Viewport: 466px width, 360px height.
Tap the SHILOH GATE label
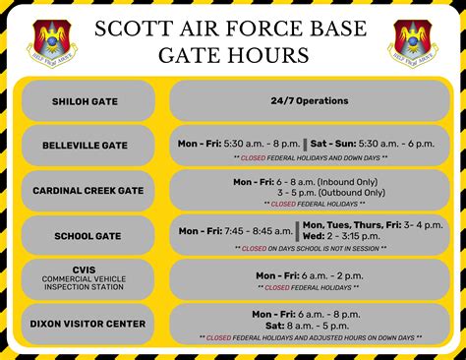(86, 100)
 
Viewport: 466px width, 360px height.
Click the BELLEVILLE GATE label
(86, 146)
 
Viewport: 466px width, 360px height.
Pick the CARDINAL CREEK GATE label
(86, 190)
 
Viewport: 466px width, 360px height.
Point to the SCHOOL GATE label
(86, 235)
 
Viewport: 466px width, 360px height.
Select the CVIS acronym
(86, 268)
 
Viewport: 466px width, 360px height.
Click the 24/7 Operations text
(310, 100)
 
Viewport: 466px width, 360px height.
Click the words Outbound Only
(347, 193)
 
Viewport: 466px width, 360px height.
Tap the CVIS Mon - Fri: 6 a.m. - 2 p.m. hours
(310, 275)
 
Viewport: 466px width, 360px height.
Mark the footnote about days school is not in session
(310, 249)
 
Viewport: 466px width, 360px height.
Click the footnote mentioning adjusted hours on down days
(310, 336)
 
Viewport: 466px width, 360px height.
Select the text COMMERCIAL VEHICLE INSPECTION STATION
(86, 284)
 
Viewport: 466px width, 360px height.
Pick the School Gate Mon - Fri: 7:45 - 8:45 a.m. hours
(234, 231)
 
